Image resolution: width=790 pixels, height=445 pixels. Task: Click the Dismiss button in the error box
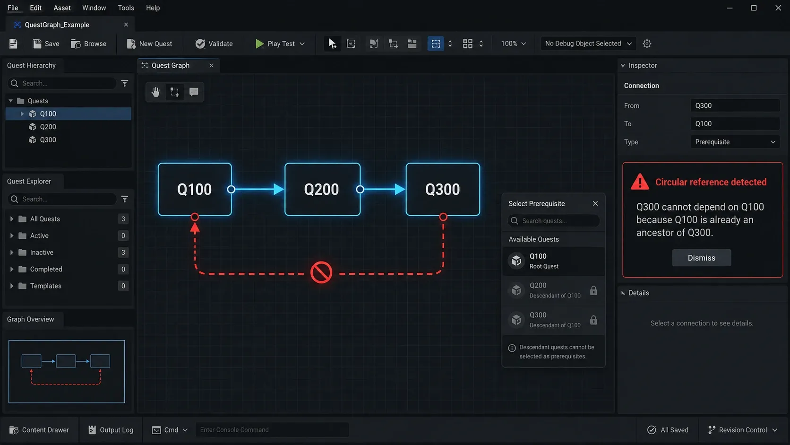point(701,258)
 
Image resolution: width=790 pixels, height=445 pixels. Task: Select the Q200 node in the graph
point(322,189)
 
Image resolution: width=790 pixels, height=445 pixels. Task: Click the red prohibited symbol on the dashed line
point(321,272)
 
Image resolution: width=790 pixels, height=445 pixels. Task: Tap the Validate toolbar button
point(214,44)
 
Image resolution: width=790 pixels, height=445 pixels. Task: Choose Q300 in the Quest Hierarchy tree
point(48,140)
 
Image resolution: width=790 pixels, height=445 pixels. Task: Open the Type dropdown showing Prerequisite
point(735,142)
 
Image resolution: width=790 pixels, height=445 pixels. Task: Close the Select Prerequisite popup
point(595,204)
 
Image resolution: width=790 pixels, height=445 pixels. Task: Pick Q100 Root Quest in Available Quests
point(553,261)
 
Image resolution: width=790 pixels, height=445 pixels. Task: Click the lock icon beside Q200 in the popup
point(593,290)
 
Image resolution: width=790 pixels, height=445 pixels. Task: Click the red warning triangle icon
point(640,183)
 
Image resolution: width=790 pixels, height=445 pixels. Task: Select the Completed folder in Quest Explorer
point(46,269)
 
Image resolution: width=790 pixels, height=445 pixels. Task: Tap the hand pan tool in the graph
point(155,92)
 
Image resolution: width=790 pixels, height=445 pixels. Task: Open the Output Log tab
point(111,430)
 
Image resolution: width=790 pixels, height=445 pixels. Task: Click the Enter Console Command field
point(272,430)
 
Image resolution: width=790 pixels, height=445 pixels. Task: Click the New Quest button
point(149,44)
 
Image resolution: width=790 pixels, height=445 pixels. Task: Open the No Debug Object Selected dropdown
point(588,44)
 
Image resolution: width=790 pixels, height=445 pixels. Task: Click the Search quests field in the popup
point(554,221)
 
